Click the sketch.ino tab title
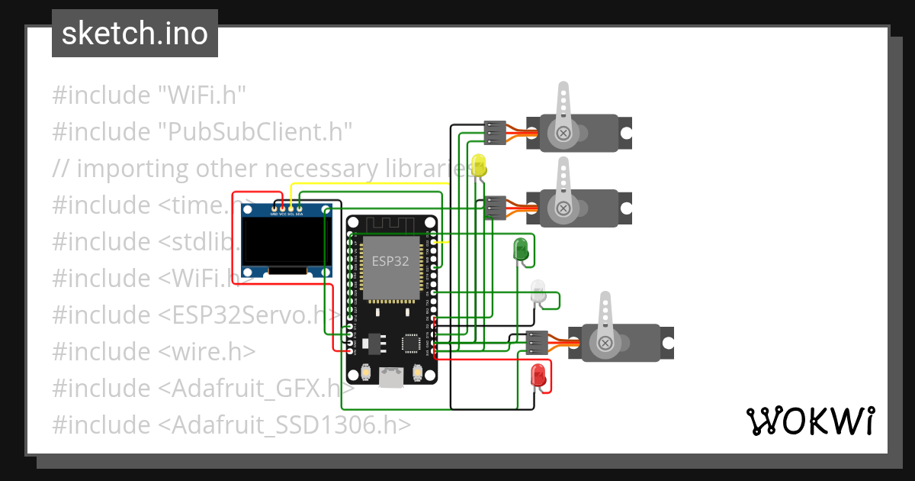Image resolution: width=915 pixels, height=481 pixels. (135, 34)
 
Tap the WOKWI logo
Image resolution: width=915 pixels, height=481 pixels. (809, 421)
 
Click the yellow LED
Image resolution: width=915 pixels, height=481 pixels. (479, 165)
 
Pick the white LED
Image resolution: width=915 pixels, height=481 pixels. (538, 291)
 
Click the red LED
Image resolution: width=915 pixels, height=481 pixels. (538, 375)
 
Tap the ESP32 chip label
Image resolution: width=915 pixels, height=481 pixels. (390, 261)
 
